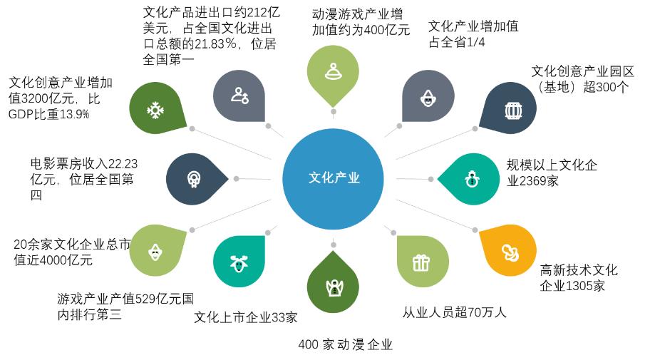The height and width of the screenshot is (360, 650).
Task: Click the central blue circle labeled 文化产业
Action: (x=332, y=178)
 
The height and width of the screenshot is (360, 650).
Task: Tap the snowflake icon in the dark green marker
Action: (x=153, y=109)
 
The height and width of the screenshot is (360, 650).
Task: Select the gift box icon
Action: (x=421, y=262)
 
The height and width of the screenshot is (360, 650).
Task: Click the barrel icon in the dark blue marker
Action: (x=512, y=110)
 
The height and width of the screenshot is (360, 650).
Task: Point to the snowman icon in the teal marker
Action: (x=472, y=178)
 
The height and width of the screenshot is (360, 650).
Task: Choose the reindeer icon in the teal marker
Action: (x=238, y=262)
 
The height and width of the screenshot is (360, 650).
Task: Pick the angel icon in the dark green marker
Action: (x=332, y=287)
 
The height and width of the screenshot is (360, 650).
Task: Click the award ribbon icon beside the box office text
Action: (x=192, y=178)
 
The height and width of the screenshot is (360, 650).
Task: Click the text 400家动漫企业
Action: (x=346, y=345)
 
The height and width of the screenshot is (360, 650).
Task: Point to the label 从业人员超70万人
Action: (x=454, y=312)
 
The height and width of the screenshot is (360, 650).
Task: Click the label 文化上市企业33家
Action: (x=246, y=317)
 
